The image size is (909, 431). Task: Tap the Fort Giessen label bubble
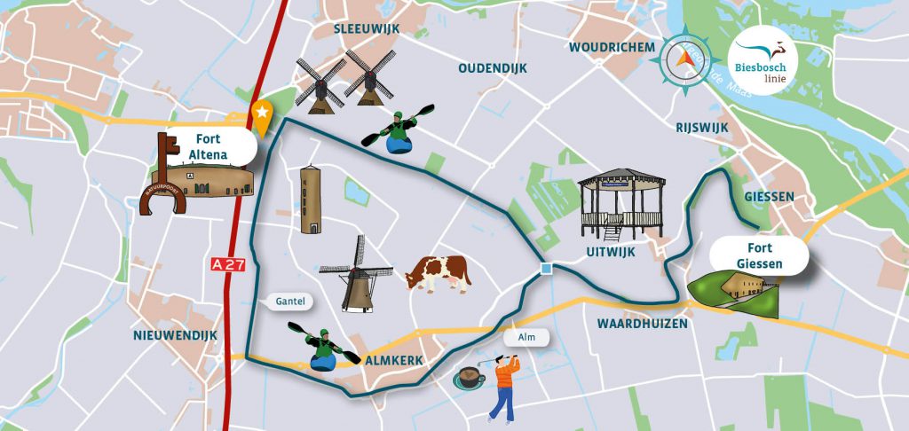[x=758, y=255]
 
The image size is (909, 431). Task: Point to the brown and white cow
[x=438, y=272]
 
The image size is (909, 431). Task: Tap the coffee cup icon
[x=469, y=379]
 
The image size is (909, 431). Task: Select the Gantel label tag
[x=289, y=302]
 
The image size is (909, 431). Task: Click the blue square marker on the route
[x=546, y=269]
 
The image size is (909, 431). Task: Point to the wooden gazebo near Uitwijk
[x=621, y=202]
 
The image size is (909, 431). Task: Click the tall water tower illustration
[x=310, y=200]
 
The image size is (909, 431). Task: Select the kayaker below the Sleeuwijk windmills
[x=399, y=131]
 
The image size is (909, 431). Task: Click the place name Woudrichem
[x=612, y=47]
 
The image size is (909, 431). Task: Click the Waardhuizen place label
[x=636, y=324]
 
